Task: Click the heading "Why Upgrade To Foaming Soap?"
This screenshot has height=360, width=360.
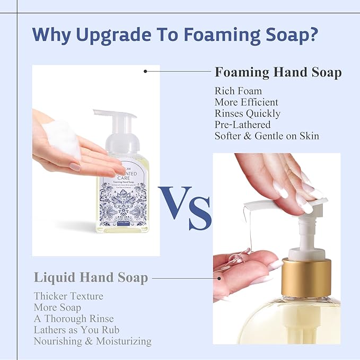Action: (175, 34)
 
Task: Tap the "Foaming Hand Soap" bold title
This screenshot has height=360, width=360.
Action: (278, 72)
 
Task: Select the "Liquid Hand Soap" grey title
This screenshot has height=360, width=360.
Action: (91, 277)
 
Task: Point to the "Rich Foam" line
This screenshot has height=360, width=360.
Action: (238, 91)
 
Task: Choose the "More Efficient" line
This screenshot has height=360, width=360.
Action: (246, 102)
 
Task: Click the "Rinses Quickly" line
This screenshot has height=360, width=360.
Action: (248, 113)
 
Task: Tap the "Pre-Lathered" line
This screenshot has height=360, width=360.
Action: (242, 125)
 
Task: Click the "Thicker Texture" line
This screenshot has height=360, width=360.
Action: (68, 296)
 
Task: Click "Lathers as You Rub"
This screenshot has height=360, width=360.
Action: (76, 330)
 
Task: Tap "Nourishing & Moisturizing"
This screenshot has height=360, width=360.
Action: (93, 341)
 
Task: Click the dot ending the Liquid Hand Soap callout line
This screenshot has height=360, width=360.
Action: (219, 277)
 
